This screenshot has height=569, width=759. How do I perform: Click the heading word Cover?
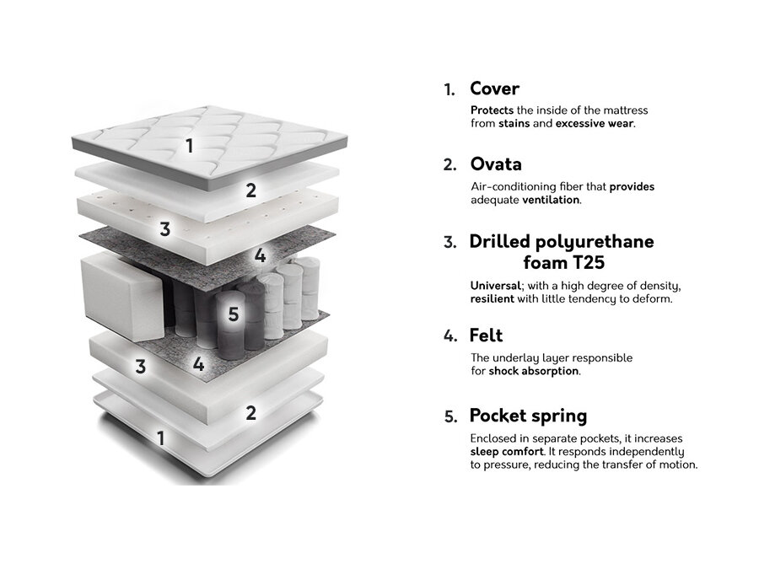coord(494,89)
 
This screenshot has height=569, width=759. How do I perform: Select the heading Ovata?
coord(496,164)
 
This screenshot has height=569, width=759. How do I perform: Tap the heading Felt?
coord(486,335)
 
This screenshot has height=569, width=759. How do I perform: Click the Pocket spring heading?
coord(528,416)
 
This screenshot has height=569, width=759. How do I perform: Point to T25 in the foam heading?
coord(588,263)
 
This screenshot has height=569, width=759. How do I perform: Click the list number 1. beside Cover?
coord(449,90)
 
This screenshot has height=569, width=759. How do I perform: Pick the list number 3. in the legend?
coord(450,242)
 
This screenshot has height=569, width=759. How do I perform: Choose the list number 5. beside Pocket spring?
coord(450,416)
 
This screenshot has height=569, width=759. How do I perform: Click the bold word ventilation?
coord(551,200)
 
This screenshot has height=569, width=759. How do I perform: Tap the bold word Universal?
coord(495,286)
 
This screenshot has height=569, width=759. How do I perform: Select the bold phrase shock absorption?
coord(534,372)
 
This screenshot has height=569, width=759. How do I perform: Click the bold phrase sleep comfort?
coord(507,452)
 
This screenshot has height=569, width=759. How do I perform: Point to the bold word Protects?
coord(492,110)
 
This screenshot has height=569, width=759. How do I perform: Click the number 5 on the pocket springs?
coord(234,314)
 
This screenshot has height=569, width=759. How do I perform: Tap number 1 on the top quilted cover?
coord(190,146)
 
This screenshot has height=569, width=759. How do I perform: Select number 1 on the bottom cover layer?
coord(161,439)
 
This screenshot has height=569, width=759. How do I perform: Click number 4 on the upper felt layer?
coord(260,255)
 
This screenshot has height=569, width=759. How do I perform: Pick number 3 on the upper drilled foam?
coord(165,229)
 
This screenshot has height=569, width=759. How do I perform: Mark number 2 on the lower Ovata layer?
coord(250,413)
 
